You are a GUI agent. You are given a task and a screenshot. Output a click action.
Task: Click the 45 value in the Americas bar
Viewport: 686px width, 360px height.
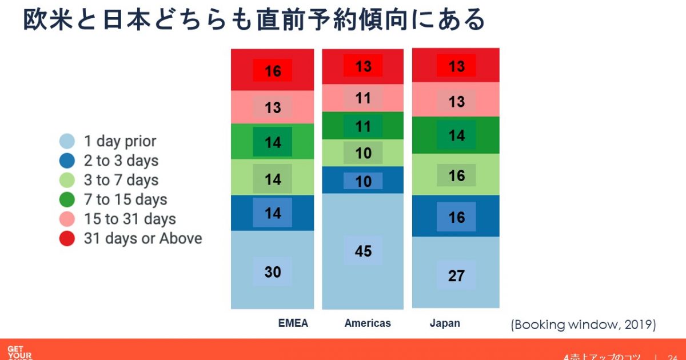point(363,251)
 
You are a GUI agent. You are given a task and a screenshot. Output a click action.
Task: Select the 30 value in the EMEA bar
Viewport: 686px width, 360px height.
point(273,272)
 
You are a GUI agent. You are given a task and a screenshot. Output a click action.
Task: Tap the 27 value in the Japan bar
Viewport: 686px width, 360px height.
point(456,275)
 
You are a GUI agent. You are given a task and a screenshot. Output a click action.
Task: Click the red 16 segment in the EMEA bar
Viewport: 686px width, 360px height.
point(273,71)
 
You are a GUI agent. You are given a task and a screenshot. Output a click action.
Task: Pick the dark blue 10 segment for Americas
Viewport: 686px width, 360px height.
point(363,181)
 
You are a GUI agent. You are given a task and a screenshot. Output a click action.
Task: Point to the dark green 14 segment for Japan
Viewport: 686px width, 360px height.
point(456,136)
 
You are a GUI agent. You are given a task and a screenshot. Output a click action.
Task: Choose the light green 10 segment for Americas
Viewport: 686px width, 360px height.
point(363,153)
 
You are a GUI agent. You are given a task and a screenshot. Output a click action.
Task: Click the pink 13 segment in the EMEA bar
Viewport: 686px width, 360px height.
point(273,107)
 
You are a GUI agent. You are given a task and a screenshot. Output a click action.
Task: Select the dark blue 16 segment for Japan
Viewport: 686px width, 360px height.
point(456,217)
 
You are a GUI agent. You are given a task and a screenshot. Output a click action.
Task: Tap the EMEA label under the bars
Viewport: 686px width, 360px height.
point(293,323)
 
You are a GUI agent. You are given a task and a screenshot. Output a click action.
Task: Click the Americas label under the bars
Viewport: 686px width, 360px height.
point(368,323)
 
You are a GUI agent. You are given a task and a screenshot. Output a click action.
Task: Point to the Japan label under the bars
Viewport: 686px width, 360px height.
point(445,323)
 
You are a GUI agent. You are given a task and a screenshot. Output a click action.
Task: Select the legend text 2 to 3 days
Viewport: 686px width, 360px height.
point(121,161)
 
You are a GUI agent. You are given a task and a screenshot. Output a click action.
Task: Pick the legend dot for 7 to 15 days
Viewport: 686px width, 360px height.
point(67,200)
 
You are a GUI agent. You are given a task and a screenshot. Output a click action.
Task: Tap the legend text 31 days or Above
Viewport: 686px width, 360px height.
point(143,238)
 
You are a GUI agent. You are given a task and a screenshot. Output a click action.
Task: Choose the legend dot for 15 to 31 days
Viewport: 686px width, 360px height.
point(67,219)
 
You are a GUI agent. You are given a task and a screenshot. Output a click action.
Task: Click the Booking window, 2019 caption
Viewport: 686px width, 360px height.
point(583,325)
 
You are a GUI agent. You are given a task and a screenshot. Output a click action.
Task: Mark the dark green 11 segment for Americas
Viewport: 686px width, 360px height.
point(363,126)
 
